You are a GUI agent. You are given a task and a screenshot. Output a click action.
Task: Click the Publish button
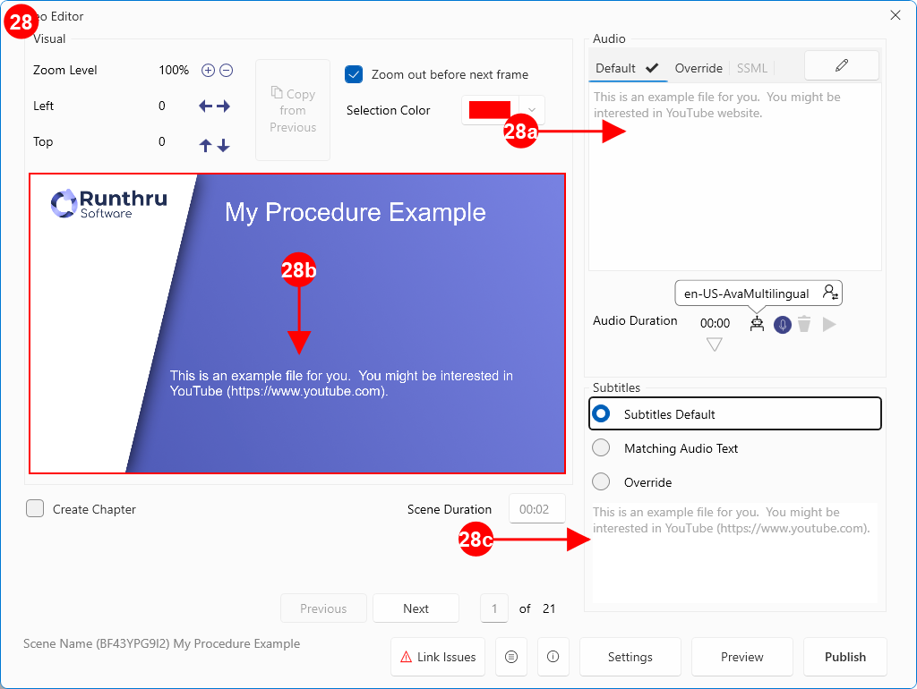pyautogui.click(x=845, y=657)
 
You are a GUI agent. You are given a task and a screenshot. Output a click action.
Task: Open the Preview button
pyautogui.click(x=741, y=657)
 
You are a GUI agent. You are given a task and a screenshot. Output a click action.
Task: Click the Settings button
pyautogui.click(x=630, y=657)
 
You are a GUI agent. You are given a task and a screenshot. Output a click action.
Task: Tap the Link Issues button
pyautogui.click(x=437, y=657)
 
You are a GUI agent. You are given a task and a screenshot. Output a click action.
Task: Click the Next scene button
pyautogui.click(x=416, y=608)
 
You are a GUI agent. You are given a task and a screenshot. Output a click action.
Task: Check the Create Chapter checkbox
pyautogui.click(x=35, y=508)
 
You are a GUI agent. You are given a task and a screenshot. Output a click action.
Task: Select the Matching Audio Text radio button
pyautogui.click(x=601, y=448)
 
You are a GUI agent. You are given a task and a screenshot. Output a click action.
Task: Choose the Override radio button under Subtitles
pyautogui.click(x=601, y=482)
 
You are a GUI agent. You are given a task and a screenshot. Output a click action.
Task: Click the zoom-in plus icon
pyautogui.click(x=208, y=70)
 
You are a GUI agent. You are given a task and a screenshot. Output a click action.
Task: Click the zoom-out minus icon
pyautogui.click(x=227, y=70)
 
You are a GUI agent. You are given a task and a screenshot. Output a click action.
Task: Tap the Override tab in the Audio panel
pyautogui.click(x=698, y=68)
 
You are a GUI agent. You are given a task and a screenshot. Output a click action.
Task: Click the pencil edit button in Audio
pyautogui.click(x=842, y=65)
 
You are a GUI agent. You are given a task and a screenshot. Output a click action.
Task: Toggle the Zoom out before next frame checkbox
pyautogui.click(x=354, y=75)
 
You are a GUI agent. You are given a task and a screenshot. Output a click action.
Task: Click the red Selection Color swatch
pyautogui.click(x=490, y=110)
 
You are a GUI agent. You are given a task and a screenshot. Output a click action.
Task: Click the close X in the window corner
pyautogui.click(x=896, y=15)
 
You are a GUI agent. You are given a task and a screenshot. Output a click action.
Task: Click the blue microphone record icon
pyautogui.click(x=783, y=324)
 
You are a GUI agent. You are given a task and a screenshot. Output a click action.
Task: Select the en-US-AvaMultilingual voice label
pyautogui.click(x=746, y=293)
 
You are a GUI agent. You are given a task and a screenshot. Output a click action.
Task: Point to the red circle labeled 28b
pyautogui.click(x=299, y=270)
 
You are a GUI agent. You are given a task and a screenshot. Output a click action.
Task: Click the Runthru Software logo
pyautogui.click(x=108, y=203)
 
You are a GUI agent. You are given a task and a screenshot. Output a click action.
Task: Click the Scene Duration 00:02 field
pyautogui.click(x=537, y=509)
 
